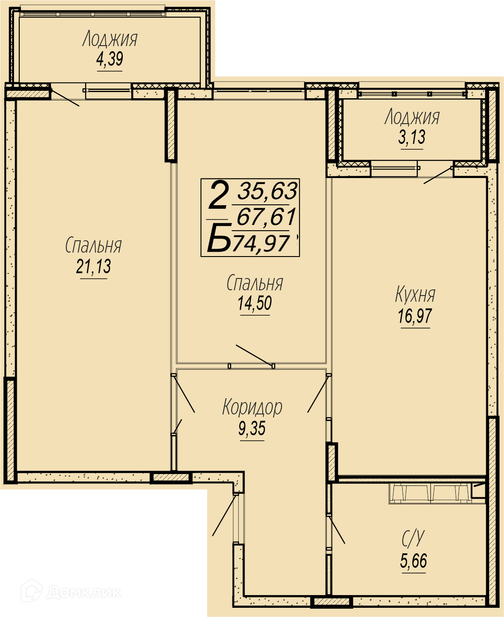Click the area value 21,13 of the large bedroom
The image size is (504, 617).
[93, 267]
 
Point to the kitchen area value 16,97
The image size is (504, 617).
[415, 316]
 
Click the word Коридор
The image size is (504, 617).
[252, 407]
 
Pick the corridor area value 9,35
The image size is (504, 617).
[252, 428]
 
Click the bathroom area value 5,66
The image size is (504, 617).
[414, 560]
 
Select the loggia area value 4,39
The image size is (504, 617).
[110, 59]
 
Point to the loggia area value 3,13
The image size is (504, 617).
[412, 137]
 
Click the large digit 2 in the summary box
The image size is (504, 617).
[218, 195]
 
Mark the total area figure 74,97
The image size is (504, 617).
[260, 243]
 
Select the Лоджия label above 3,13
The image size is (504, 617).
[412, 117]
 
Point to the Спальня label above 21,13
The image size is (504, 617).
[93, 245]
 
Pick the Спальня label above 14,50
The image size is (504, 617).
[255, 282]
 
